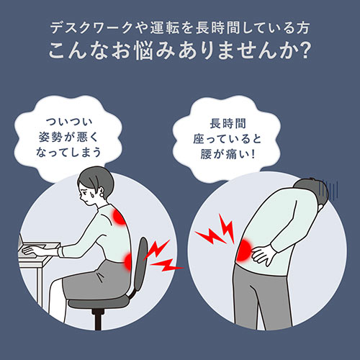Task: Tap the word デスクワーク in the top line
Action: (x=91, y=28)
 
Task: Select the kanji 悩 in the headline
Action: (x=144, y=50)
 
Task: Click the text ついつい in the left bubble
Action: (x=69, y=122)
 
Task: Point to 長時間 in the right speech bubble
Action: (x=228, y=124)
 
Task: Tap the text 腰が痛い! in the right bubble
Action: (x=228, y=153)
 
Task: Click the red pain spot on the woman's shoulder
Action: (x=119, y=216)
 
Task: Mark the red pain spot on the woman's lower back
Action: (x=128, y=261)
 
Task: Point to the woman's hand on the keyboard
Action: (x=31, y=251)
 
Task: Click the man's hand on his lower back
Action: (x=264, y=254)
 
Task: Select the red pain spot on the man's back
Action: (x=243, y=250)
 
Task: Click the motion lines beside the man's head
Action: (x=330, y=189)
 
